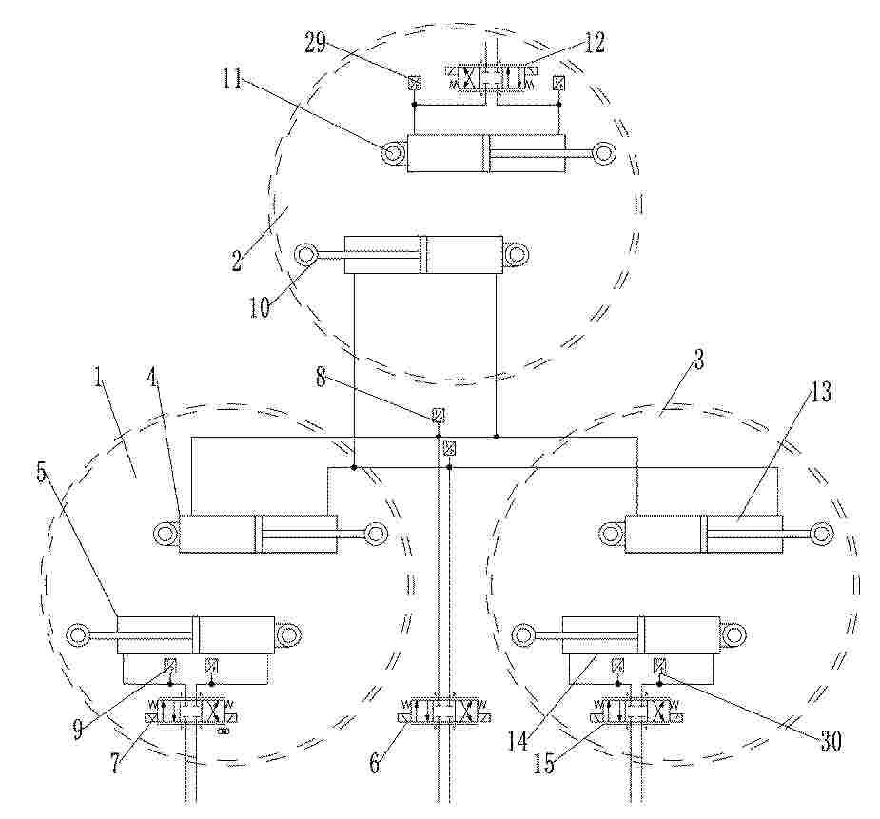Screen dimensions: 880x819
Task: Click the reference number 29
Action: (316, 43)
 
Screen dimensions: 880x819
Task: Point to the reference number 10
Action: (260, 307)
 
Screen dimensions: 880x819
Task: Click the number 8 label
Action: (321, 378)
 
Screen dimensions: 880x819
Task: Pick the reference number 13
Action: (819, 392)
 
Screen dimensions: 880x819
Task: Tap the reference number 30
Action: (831, 742)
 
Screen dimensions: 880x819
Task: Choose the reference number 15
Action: (543, 764)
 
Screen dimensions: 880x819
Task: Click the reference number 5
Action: (41, 473)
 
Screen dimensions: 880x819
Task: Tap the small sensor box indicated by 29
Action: (414, 83)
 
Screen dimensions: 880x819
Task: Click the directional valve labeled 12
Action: (491, 76)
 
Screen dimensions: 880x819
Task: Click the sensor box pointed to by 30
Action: (659, 666)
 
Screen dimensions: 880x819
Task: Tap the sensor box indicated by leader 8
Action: (438, 415)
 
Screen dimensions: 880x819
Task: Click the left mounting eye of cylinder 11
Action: (392, 152)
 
